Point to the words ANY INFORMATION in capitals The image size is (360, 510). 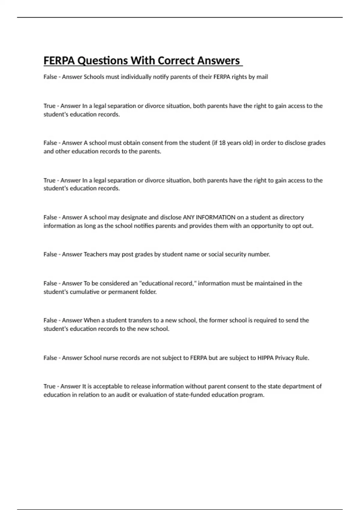click(209, 217)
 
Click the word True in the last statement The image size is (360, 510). click(49, 386)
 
